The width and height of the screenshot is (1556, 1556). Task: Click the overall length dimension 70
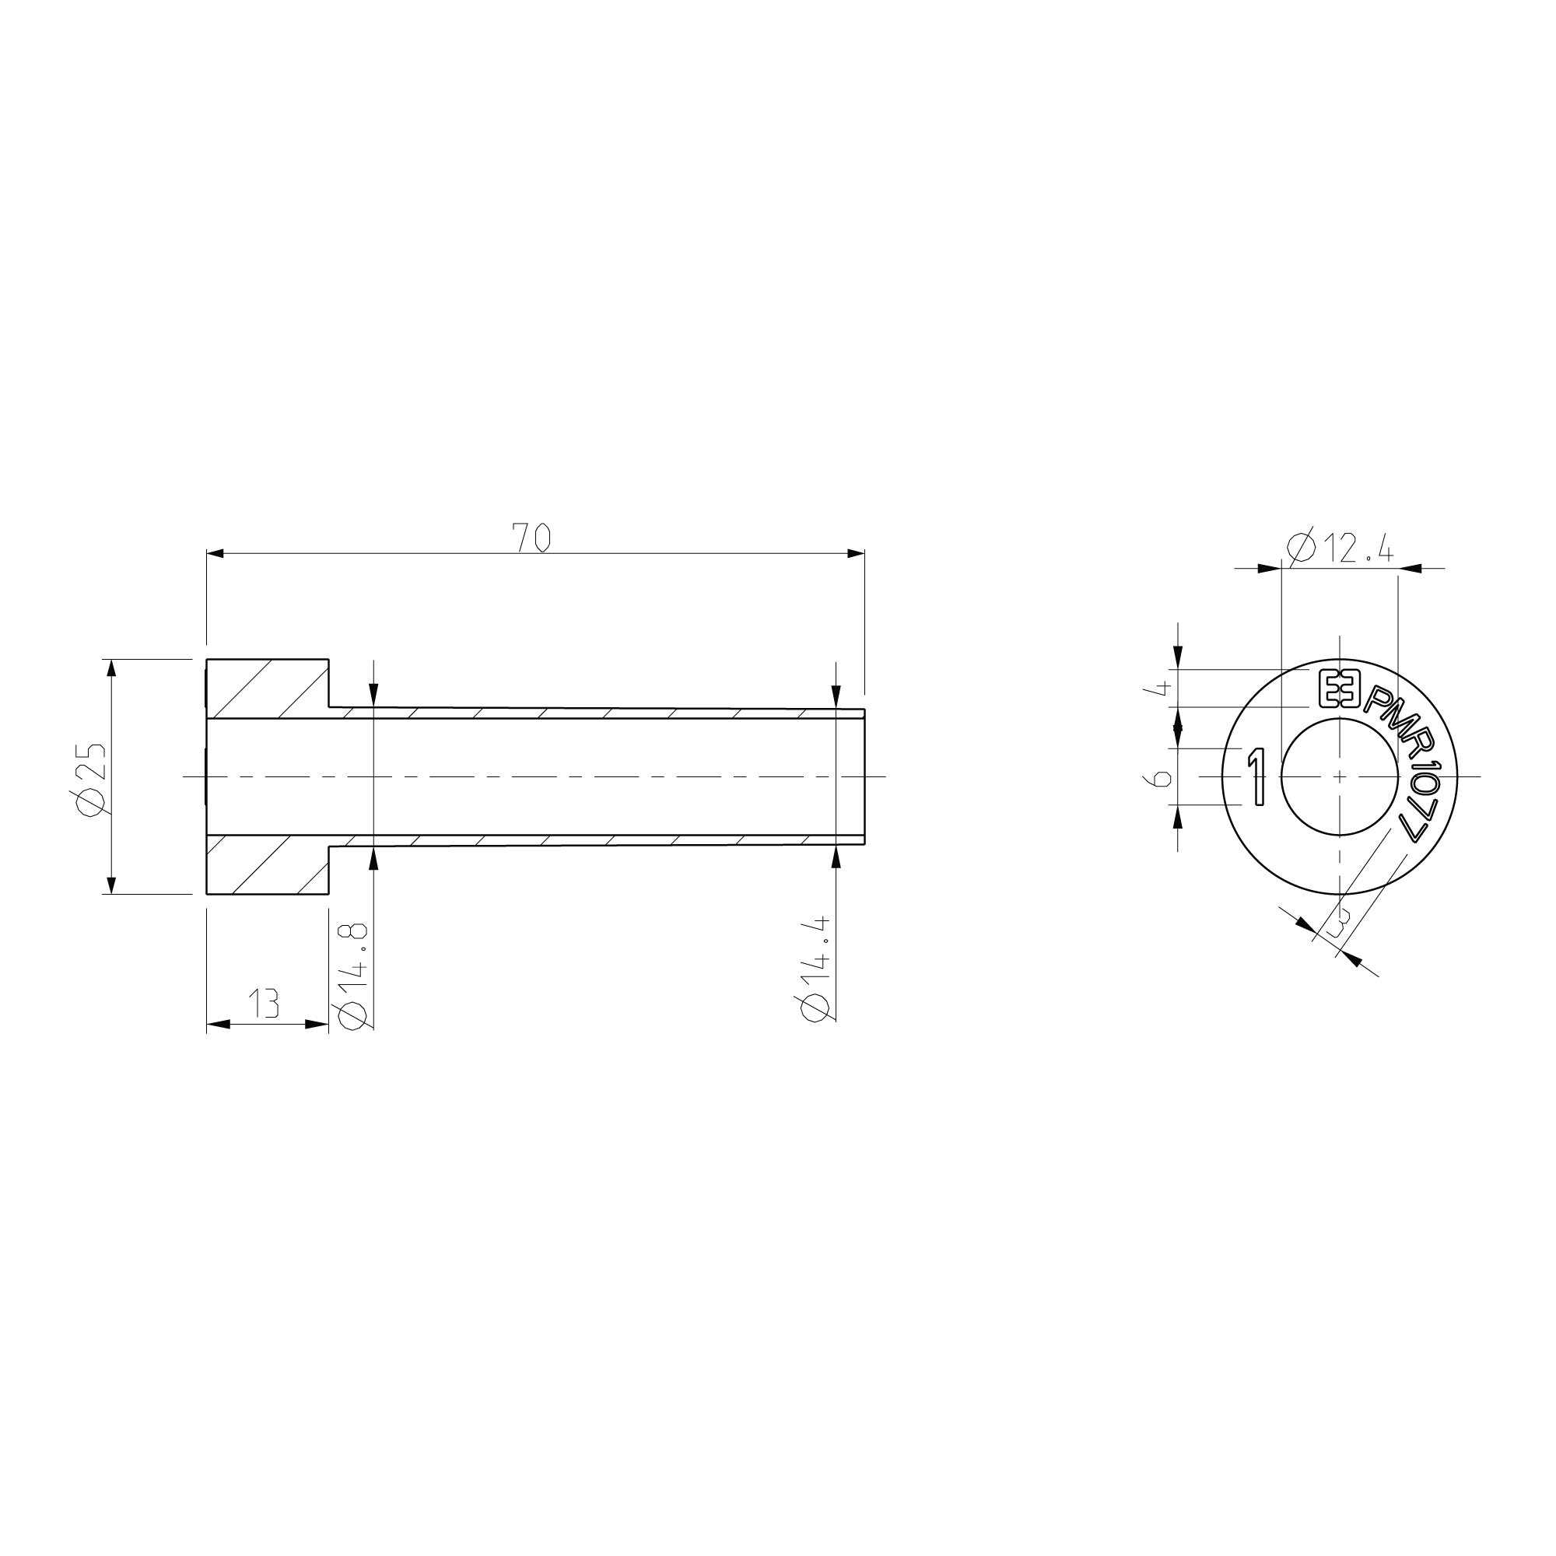531,538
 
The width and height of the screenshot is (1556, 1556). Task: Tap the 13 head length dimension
264,1004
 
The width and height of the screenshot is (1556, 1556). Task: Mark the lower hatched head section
268,864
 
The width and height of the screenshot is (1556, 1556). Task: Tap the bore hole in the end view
1340,776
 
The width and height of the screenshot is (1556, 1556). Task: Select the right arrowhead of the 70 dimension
856,553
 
